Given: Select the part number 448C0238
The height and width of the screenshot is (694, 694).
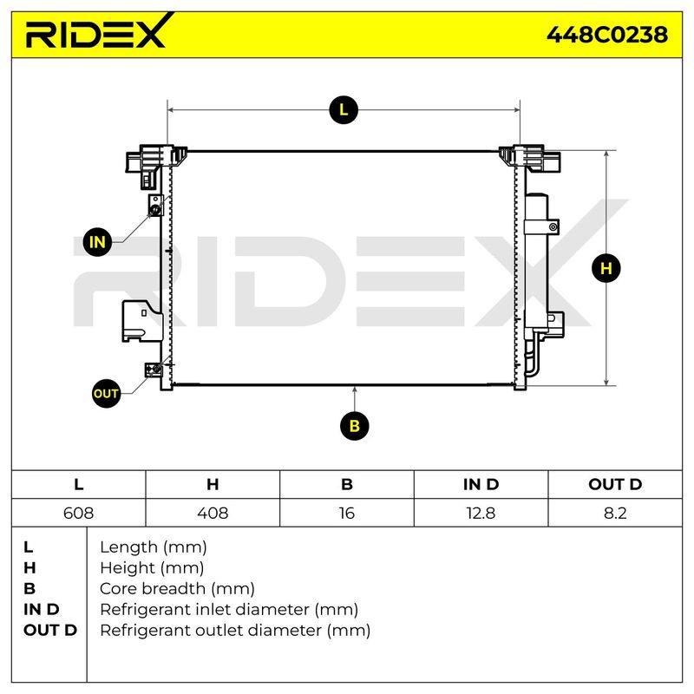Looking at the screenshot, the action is pyautogui.click(x=606, y=35).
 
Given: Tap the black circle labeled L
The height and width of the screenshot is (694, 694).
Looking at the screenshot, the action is pyautogui.click(x=344, y=110).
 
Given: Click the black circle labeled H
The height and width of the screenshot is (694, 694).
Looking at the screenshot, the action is pyautogui.click(x=606, y=268).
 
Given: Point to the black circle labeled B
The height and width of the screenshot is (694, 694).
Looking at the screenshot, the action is pyautogui.click(x=354, y=426).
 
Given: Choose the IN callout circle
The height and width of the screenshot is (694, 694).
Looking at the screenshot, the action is pyautogui.click(x=97, y=242).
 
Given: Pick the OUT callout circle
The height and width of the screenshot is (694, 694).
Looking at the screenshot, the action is pyautogui.click(x=106, y=394).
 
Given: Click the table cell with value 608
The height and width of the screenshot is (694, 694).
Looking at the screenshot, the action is pyautogui.click(x=78, y=513).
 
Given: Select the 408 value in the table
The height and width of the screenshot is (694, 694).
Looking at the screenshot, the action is pyautogui.click(x=213, y=513).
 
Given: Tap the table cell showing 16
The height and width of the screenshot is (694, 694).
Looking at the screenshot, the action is pyautogui.click(x=346, y=513).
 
